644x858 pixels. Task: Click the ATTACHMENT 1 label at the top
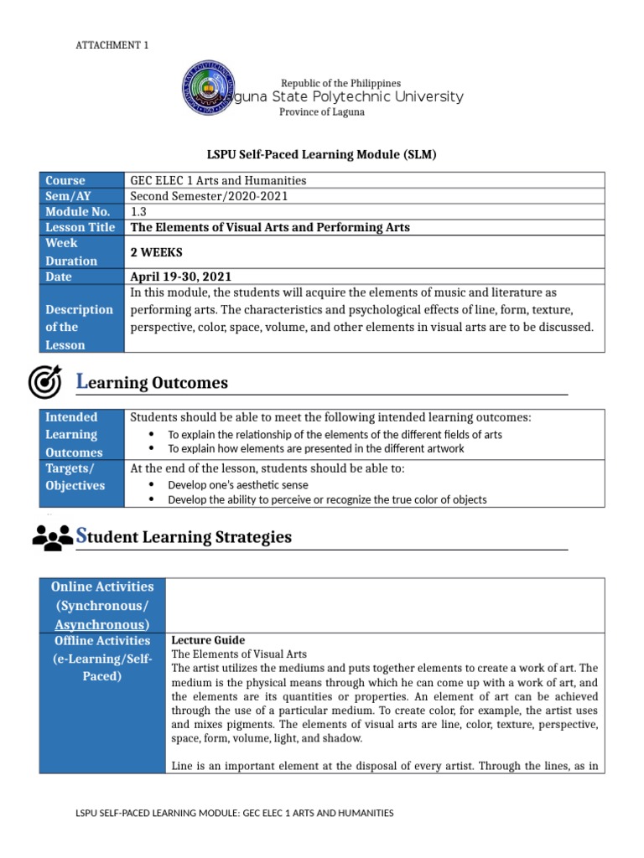click(112, 45)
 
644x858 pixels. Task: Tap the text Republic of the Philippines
click(340, 83)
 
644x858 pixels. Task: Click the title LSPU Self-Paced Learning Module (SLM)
click(322, 155)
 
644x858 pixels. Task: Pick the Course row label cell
click(65, 180)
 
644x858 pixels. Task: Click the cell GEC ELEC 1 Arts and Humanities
click(218, 180)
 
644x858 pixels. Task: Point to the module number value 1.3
click(138, 212)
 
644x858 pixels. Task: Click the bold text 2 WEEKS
click(156, 252)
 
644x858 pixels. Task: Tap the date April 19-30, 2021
click(180, 277)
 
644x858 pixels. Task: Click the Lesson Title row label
click(80, 227)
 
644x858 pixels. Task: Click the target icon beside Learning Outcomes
click(45, 382)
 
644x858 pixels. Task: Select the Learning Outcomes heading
click(152, 383)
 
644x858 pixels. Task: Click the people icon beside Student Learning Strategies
click(52, 536)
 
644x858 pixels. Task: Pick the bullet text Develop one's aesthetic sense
click(238, 484)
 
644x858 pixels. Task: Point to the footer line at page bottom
click(235, 813)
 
